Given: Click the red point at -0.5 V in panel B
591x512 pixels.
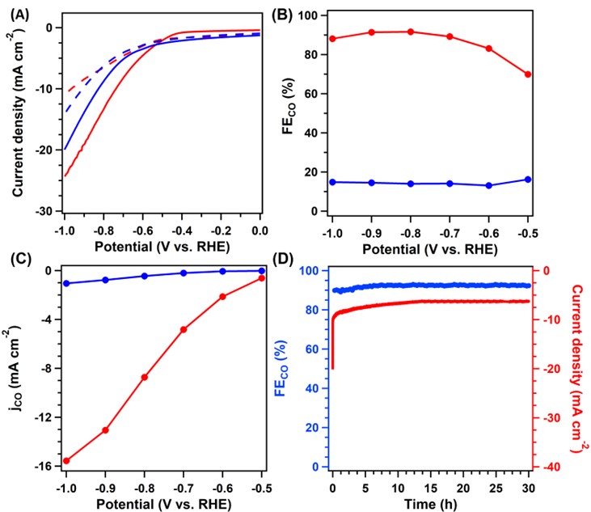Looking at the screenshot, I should pos(529,74).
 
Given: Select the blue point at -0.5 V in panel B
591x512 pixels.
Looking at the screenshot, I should pos(529,179).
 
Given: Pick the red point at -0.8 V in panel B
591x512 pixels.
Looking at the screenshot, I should pos(411,32).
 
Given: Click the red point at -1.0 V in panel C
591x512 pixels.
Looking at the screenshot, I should pos(65,461).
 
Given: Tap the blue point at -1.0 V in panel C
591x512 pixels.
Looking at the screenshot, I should pos(65,283).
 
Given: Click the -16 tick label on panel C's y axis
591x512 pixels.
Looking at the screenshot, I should pos(44,467).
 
